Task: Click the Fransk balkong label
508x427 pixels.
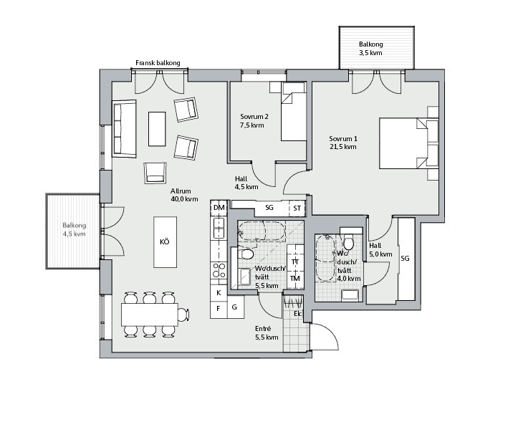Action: coord(158,63)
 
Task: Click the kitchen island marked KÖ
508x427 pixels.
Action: coord(166,242)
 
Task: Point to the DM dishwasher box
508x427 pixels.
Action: coord(219,207)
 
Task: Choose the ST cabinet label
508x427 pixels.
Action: coord(297,208)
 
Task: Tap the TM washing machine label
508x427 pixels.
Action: coord(295,278)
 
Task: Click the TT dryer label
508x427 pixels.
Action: coord(295,262)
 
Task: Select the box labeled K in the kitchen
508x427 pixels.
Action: coord(219,293)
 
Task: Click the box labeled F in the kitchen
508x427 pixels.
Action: coord(219,310)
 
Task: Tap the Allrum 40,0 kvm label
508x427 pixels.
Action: coord(184,195)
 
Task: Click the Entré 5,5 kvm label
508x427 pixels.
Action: coord(267,333)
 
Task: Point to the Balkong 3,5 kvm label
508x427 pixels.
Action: coord(370,49)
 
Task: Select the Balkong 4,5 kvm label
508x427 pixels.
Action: coord(75,229)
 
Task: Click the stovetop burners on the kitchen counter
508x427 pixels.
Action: coord(219,270)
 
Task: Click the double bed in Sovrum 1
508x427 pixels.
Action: coord(409,143)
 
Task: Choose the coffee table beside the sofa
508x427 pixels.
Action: coord(157,129)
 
